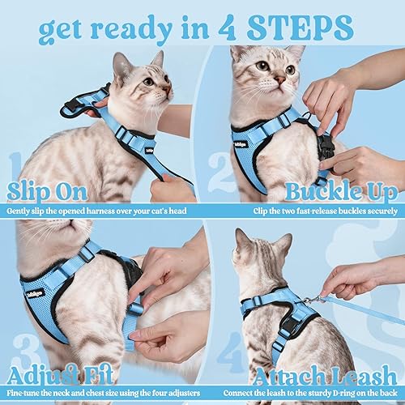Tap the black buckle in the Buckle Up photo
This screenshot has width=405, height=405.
coord(326,146)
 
